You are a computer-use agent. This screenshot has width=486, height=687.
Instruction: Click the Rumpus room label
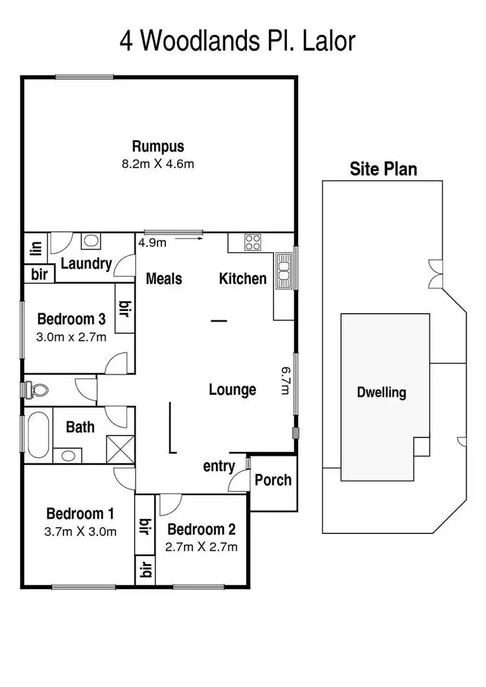158,146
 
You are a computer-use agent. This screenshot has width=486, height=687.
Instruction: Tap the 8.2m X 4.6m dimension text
158,164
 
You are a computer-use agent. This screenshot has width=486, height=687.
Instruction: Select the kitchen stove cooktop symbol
252,243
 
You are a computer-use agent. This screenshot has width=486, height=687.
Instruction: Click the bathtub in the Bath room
38,434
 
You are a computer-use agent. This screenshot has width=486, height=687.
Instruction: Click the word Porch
273,480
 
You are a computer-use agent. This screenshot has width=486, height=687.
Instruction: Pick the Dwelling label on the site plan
382,392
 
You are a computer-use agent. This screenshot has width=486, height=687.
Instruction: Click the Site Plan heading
384,170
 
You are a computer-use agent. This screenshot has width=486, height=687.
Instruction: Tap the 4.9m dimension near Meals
152,243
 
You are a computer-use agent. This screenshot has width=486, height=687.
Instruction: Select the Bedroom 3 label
71,319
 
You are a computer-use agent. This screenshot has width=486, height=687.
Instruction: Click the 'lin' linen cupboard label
36,248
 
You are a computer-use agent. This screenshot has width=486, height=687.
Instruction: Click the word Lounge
233,390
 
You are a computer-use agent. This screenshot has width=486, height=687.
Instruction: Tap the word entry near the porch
219,467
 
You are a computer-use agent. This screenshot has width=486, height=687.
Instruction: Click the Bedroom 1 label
80,515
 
